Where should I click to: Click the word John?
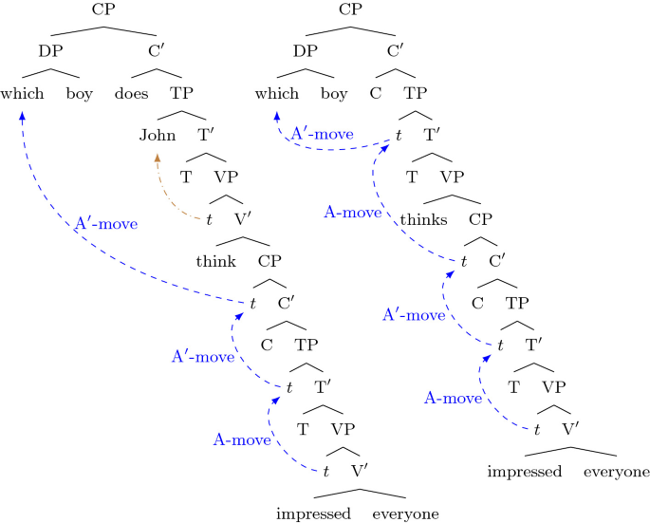coord(158,134)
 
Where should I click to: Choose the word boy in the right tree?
coord(334,94)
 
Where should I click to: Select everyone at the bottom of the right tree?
coord(617,472)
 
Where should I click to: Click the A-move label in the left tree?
coord(242,439)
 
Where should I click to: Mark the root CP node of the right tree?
coord(352,10)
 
